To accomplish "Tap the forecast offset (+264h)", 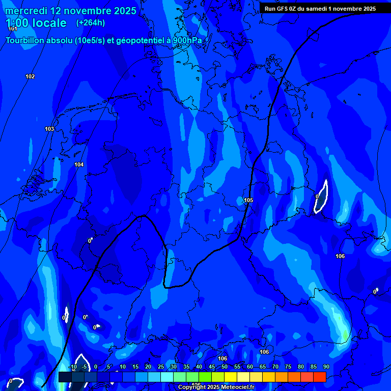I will pyautogui.click(x=91, y=23).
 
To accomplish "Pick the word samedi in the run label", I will pyautogui.click(x=319, y=9).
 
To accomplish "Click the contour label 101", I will pyautogui.click(x=13, y=29).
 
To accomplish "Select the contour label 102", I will pyautogui.click(x=30, y=77).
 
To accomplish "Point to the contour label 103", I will pyautogui.click(x=49, y=129).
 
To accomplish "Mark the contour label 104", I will pyautogui.click(x=79, y=165).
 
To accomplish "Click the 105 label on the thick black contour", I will pyautogui.click(x=248, y=201).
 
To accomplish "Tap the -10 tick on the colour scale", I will pyautogui.click(x=72, y=367).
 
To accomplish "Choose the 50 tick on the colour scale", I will pyautogui.click(x=225, y=367).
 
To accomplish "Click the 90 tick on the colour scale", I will pyautogui.click(x=326, y=367).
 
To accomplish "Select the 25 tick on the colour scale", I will pyautogui.click(x=161, y=367).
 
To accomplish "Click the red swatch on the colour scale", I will pyautogui.click(x=319, y=377).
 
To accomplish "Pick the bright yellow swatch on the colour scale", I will pyautogui.click(x=230, y=377).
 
